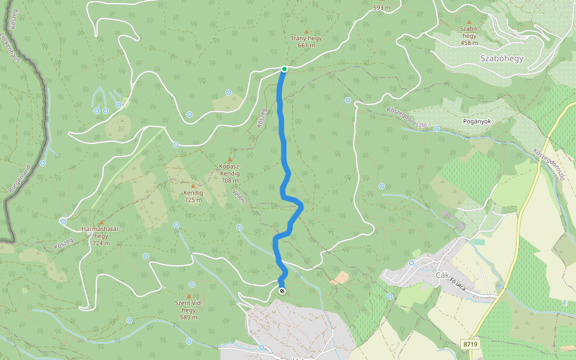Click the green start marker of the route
coord(284,69)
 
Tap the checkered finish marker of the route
coord(282,291)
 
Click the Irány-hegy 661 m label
coord(306,41)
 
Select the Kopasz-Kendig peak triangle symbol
coord(229,160)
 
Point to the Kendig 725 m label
coord(193,196)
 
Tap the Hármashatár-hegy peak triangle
coord(101,223)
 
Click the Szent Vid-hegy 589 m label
coord(189,310)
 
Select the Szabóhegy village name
coord(502,58)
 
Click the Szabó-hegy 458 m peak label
coord(469,35)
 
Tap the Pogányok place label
coord(477,121)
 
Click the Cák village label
coord(442,275)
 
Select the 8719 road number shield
coord(470,344)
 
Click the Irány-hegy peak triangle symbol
coord(307,31)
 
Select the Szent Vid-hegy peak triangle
coord(189,296)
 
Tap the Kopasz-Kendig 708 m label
coord(229,173)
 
